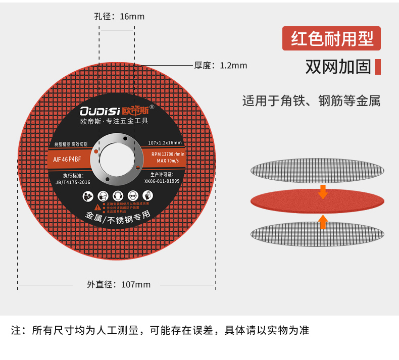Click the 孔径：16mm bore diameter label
coord(119,17)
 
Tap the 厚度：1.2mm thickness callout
coord(221,65)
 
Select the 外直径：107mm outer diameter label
coord(119,284)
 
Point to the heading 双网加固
coord(338,67)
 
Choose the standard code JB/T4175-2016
coord(73,182)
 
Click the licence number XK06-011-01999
coord(162,181)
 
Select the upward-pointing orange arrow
coord(323,221)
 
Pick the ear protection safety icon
coord(117,194)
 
